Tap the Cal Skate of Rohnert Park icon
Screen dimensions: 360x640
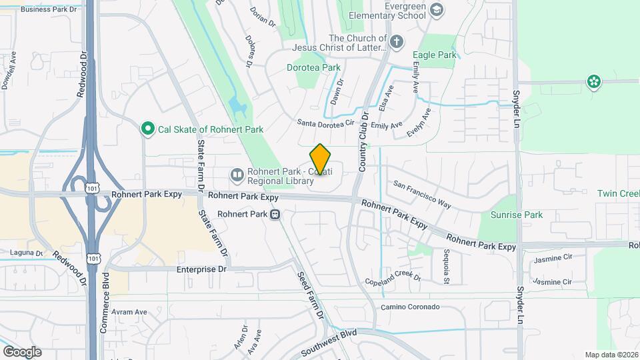pyautogui.click(x=147, y=129)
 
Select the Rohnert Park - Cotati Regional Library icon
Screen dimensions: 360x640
pyautogui.click(x=237, y=175)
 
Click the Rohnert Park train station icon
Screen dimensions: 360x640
pyautogui.click(x=275, y=215)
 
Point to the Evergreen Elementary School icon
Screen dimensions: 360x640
pyautogui.click(x=436, y=9)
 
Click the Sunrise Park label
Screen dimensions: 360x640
pyautogui.click(x=517, y=215)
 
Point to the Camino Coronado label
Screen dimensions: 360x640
pyautogui.click(x=410, y=307)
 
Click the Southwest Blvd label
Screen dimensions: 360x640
pyautogui.click(x=329, y=343)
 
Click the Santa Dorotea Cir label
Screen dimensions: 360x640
pyautogui.click(x=325, y=123)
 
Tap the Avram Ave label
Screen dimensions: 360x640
pyautogui.click(x=129, y=311)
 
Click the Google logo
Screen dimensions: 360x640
pyautogui.click(x=22, y=351)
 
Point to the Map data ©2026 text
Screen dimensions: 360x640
pyautogui.click(x=611, y=355)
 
